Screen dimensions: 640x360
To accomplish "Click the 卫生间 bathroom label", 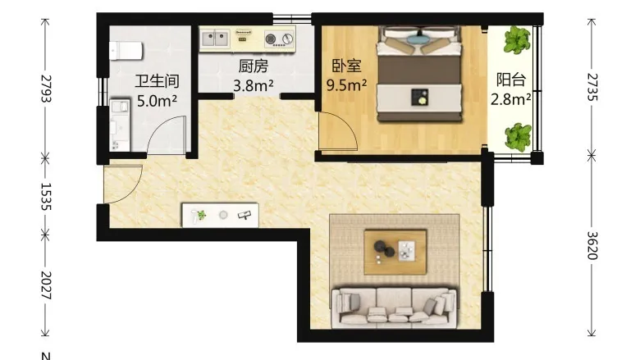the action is coord(158,81).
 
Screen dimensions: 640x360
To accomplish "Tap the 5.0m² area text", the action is coord(158,100).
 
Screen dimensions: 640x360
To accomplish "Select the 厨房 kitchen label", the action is coord(254,66).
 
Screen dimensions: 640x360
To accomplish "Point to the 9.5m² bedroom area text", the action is coord(346,84).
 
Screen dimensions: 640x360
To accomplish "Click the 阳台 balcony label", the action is coord(511,80).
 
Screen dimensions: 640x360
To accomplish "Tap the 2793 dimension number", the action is coord(46,89).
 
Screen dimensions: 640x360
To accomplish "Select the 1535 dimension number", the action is coord(46,196).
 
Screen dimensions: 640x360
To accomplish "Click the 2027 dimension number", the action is coord(46,285).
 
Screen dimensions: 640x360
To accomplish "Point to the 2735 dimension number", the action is coord(592,87).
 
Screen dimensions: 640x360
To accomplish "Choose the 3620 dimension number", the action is coord(592,245).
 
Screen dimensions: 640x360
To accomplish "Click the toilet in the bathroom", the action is coord(126,51).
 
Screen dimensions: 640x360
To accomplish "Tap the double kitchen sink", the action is coord(216,39).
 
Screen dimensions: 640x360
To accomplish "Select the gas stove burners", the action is coord(280,39).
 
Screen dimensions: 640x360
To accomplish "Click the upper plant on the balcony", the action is coord(517,40).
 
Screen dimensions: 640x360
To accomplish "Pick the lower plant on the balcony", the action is coord(518,137).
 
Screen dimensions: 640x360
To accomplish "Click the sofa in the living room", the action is coord(395,308).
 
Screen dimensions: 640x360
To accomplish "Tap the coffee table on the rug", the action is coord(395,252).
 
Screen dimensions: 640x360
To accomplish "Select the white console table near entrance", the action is coord(220,215).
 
